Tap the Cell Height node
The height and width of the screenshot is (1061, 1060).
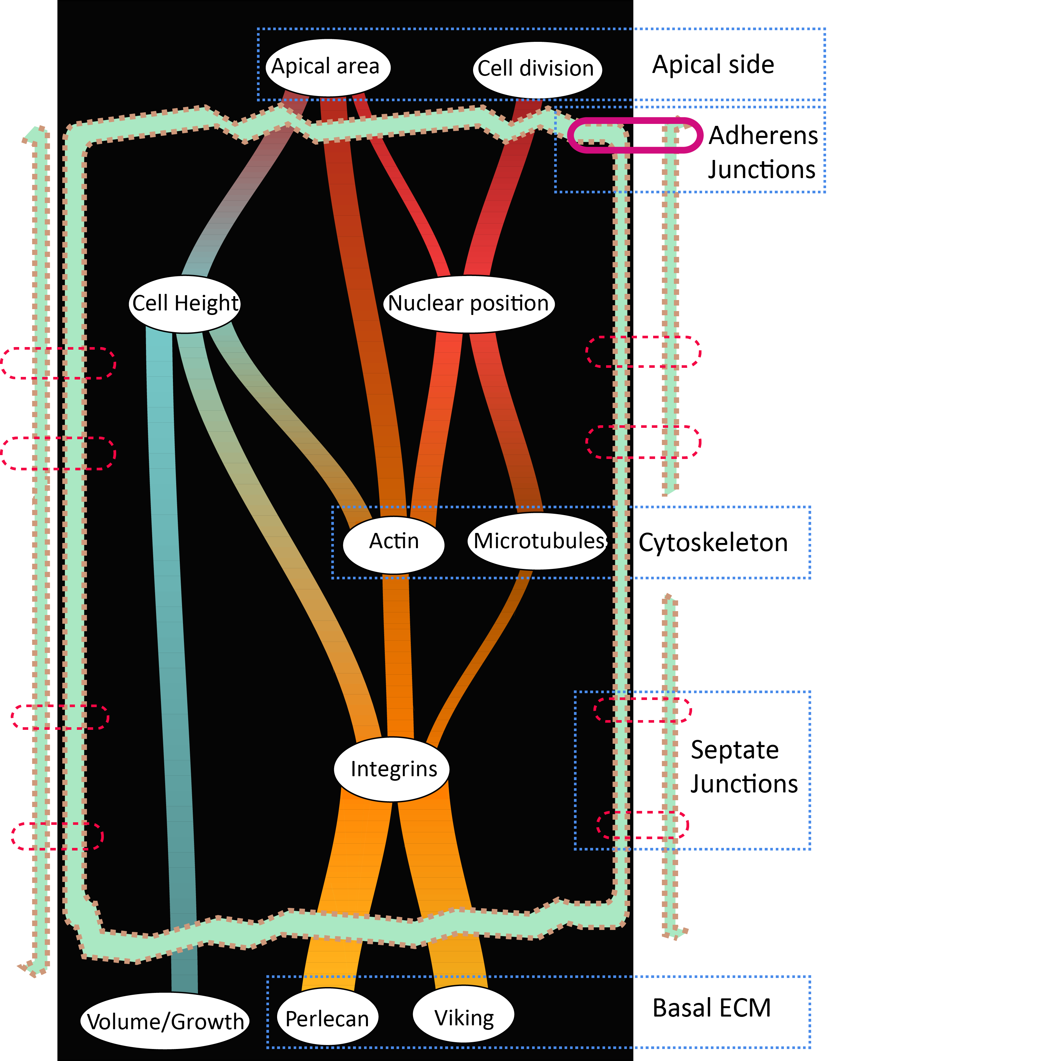[x=185, y=304]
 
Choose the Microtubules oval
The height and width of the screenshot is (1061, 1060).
[x=538, y=541]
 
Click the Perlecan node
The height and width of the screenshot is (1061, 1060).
[x=327, y=1019]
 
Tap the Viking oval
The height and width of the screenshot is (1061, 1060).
[x=464, y=1018]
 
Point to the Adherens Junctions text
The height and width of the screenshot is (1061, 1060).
[x=762, y=152]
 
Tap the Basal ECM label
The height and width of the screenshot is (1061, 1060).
[x=711, y=1008]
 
